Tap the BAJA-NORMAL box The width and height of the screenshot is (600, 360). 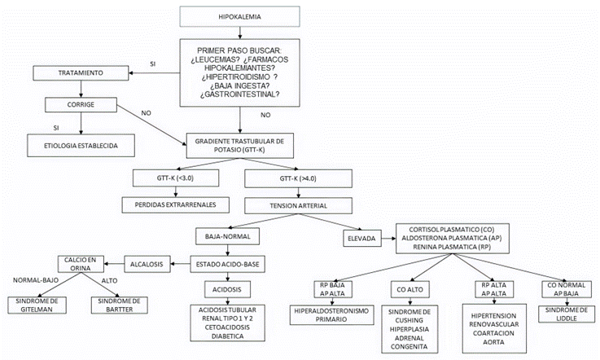226,236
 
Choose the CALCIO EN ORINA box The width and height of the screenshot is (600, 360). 81,263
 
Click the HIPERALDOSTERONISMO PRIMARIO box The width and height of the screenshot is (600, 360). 331,315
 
